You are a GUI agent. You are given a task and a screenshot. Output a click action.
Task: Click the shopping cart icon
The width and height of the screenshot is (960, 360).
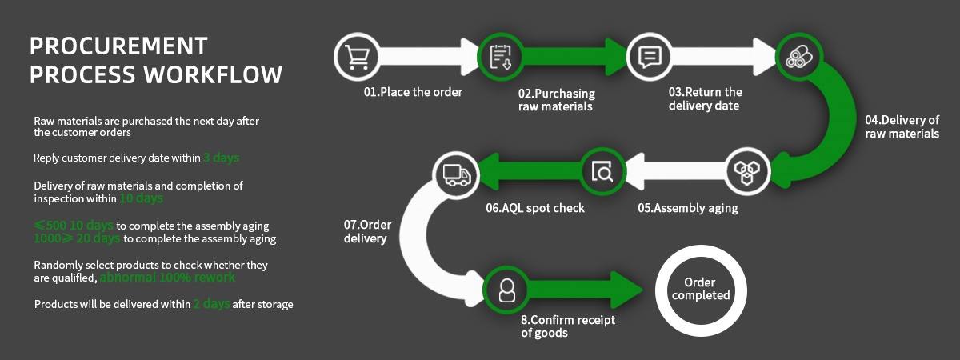[356, 56]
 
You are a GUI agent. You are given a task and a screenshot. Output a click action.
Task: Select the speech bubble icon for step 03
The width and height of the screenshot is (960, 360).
[649, 56]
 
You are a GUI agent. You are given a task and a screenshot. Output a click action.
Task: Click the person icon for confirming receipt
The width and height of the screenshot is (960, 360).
[506, 289]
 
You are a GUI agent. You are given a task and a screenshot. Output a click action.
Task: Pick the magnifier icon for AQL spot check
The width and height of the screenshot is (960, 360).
[602, 171]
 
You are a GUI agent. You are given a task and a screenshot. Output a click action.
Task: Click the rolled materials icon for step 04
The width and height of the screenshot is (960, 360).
[798, 56]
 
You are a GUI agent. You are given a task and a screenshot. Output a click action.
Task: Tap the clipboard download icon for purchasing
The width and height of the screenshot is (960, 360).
[501, 56]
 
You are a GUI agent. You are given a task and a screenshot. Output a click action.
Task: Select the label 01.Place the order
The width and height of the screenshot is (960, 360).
[413, 92]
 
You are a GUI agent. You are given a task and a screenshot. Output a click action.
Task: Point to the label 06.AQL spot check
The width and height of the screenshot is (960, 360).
[535, 208]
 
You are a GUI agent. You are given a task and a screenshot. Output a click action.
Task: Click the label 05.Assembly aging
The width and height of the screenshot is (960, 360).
[687, 208]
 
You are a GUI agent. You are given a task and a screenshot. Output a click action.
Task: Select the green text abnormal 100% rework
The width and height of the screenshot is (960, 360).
[167, 278]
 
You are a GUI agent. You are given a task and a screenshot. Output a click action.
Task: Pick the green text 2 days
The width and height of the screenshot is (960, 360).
[211, 304]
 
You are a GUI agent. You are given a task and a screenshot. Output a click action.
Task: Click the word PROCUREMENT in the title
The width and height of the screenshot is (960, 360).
[118, 46]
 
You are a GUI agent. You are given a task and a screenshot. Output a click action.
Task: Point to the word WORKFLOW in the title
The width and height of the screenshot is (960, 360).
[213, 74]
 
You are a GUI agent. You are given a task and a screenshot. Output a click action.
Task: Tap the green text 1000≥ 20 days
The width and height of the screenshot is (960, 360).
[77, 238]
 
